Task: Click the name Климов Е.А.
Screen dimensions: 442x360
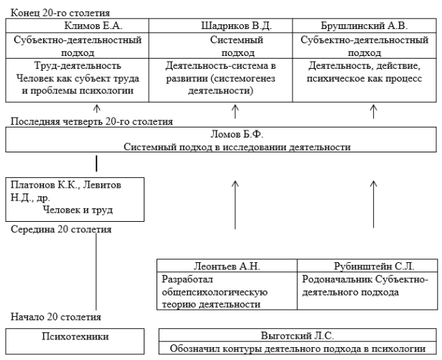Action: tap(93, 26)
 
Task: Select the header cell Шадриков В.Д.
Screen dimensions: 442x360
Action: tap(221, 26)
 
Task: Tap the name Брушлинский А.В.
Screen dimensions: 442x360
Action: tap(364, 26)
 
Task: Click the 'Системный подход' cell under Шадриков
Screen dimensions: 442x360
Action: tap(221, 45)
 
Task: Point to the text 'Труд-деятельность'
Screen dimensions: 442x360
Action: tap(78, 66)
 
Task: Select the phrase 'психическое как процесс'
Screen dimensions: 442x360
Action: tap(364, 79)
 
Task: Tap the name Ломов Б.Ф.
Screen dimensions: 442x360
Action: tap(237, 134)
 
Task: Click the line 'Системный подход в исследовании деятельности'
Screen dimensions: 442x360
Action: tap(237, 147)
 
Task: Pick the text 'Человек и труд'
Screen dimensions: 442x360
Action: tap(78, 210)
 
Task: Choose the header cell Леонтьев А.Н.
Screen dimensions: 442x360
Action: tap(227, 266)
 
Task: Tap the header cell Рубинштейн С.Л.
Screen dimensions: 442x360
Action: tap(368, 266)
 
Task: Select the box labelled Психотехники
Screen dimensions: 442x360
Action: tap(75, 341)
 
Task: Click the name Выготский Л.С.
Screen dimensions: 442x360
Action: tap(297, 336)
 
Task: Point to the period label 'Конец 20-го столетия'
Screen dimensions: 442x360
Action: tap(60, 13)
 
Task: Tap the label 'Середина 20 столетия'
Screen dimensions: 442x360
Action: tap(61, 229)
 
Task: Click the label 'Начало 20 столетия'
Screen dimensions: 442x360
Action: tap(56, 317)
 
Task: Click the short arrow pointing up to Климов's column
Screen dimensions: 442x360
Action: tap(96, 108)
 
